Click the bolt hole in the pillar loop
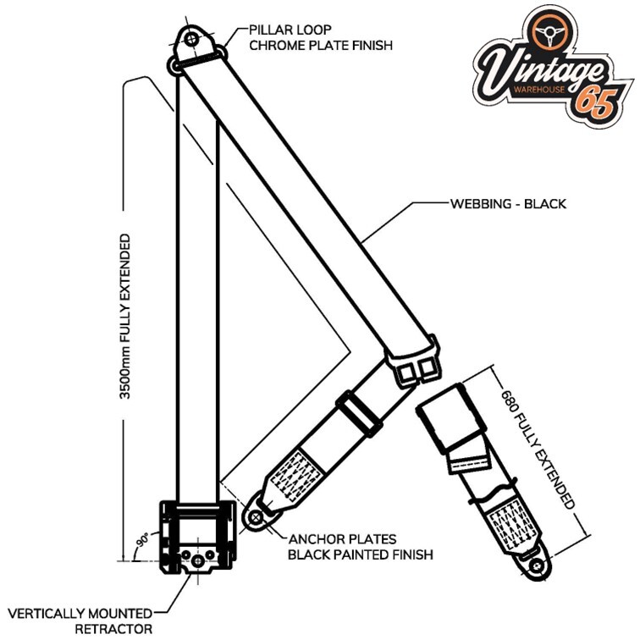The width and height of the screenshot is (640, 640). [191, 40]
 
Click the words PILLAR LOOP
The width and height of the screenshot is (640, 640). [290, 30]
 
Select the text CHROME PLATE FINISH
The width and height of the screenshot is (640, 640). [321, 46]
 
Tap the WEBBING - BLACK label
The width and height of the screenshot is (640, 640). [508, 204]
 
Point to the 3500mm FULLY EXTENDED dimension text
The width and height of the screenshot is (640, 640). [125, 317]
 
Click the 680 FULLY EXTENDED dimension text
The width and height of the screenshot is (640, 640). [538, 450]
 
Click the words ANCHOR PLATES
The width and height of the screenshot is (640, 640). [343, 539]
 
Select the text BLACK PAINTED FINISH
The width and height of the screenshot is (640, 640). [361, 554]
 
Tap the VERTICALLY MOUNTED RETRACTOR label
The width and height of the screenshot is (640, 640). [80, 621]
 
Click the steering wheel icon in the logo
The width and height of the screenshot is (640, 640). [550, 32]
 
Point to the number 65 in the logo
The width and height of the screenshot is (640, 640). [597, 104]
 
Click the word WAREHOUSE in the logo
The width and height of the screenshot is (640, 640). [538, 90]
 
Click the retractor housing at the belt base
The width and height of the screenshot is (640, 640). [198, 537]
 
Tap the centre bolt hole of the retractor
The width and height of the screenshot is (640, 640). [198, 561]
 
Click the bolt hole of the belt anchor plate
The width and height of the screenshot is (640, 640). [256, 517]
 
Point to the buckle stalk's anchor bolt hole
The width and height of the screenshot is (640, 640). [537, 566]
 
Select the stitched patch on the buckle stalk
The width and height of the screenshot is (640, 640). [513, 527]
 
